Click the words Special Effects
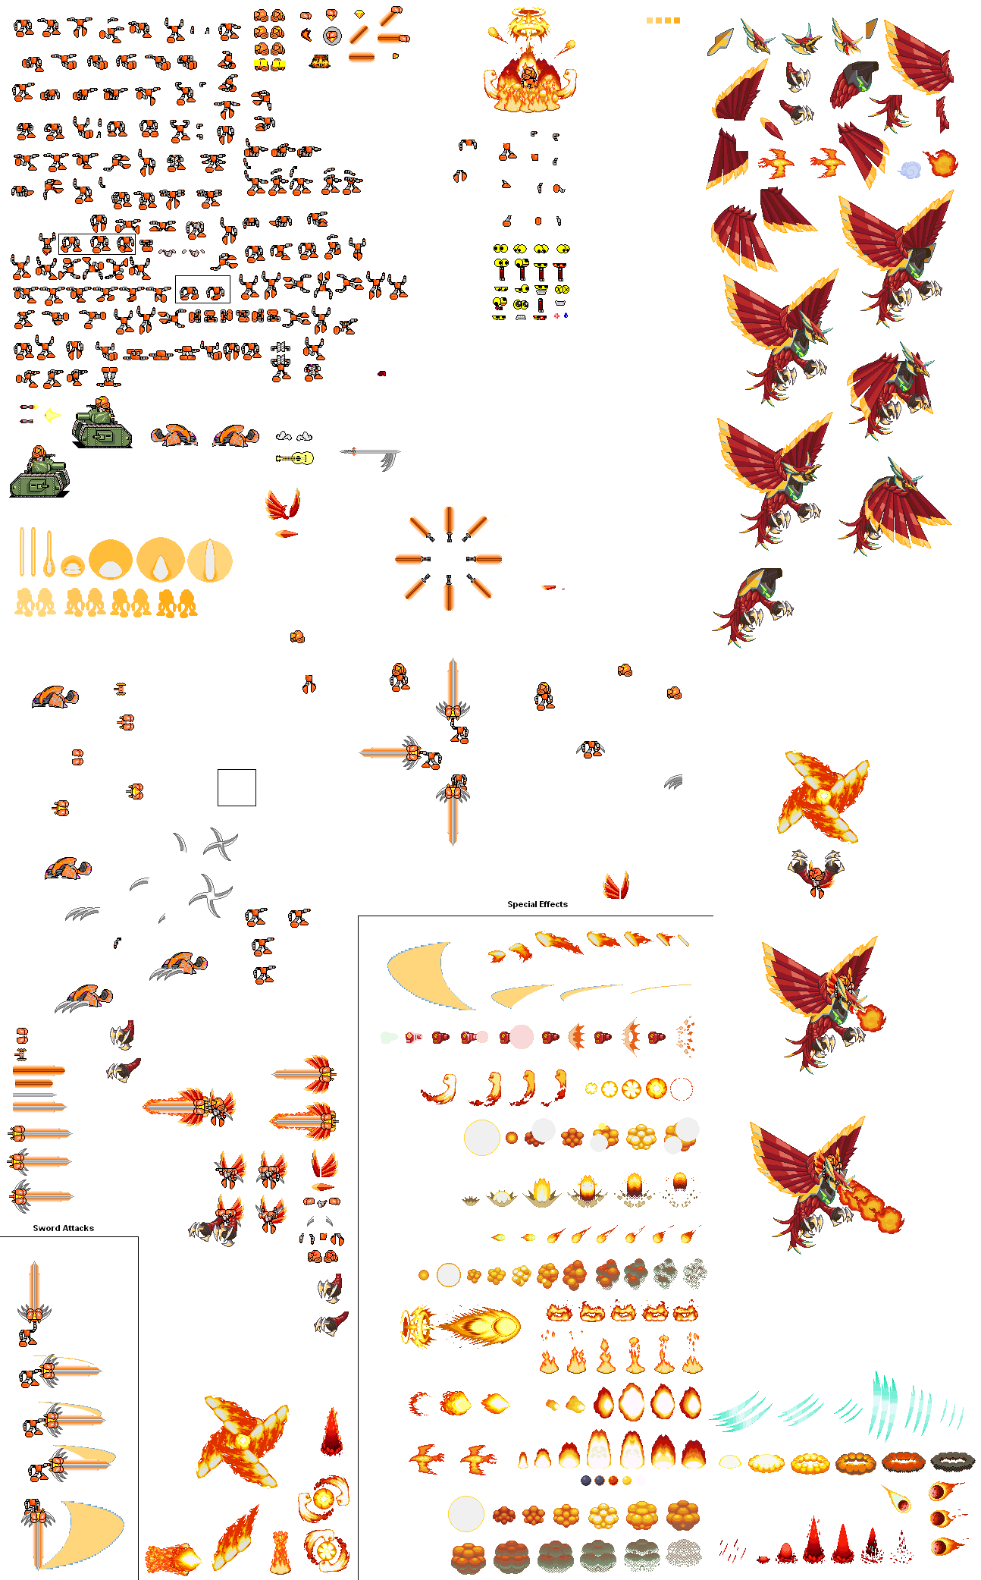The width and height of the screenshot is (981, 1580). click(x=537, y=904)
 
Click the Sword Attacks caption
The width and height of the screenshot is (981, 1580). click(x=63, y=1228)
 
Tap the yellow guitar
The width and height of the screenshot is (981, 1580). click(x=296, y=458)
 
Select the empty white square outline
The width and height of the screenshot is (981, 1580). click(x=237, y=787)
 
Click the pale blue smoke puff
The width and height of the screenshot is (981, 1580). click(x=910, y=169)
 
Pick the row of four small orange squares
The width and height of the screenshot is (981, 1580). click(x=663, y=20)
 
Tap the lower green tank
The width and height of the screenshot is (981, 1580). click(x=39, y=475)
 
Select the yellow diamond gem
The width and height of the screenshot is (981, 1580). click(x=359, y=14)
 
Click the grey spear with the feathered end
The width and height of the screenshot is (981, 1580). click(x=371, y=455)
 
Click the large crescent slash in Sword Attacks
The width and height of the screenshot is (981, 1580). click(x=83, y=1532)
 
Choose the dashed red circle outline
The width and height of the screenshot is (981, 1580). click(x=682, y=1089)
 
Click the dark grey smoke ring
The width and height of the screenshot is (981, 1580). click(x=953, y=1461)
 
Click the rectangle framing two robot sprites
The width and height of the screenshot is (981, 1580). click(x=202, y=290)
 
